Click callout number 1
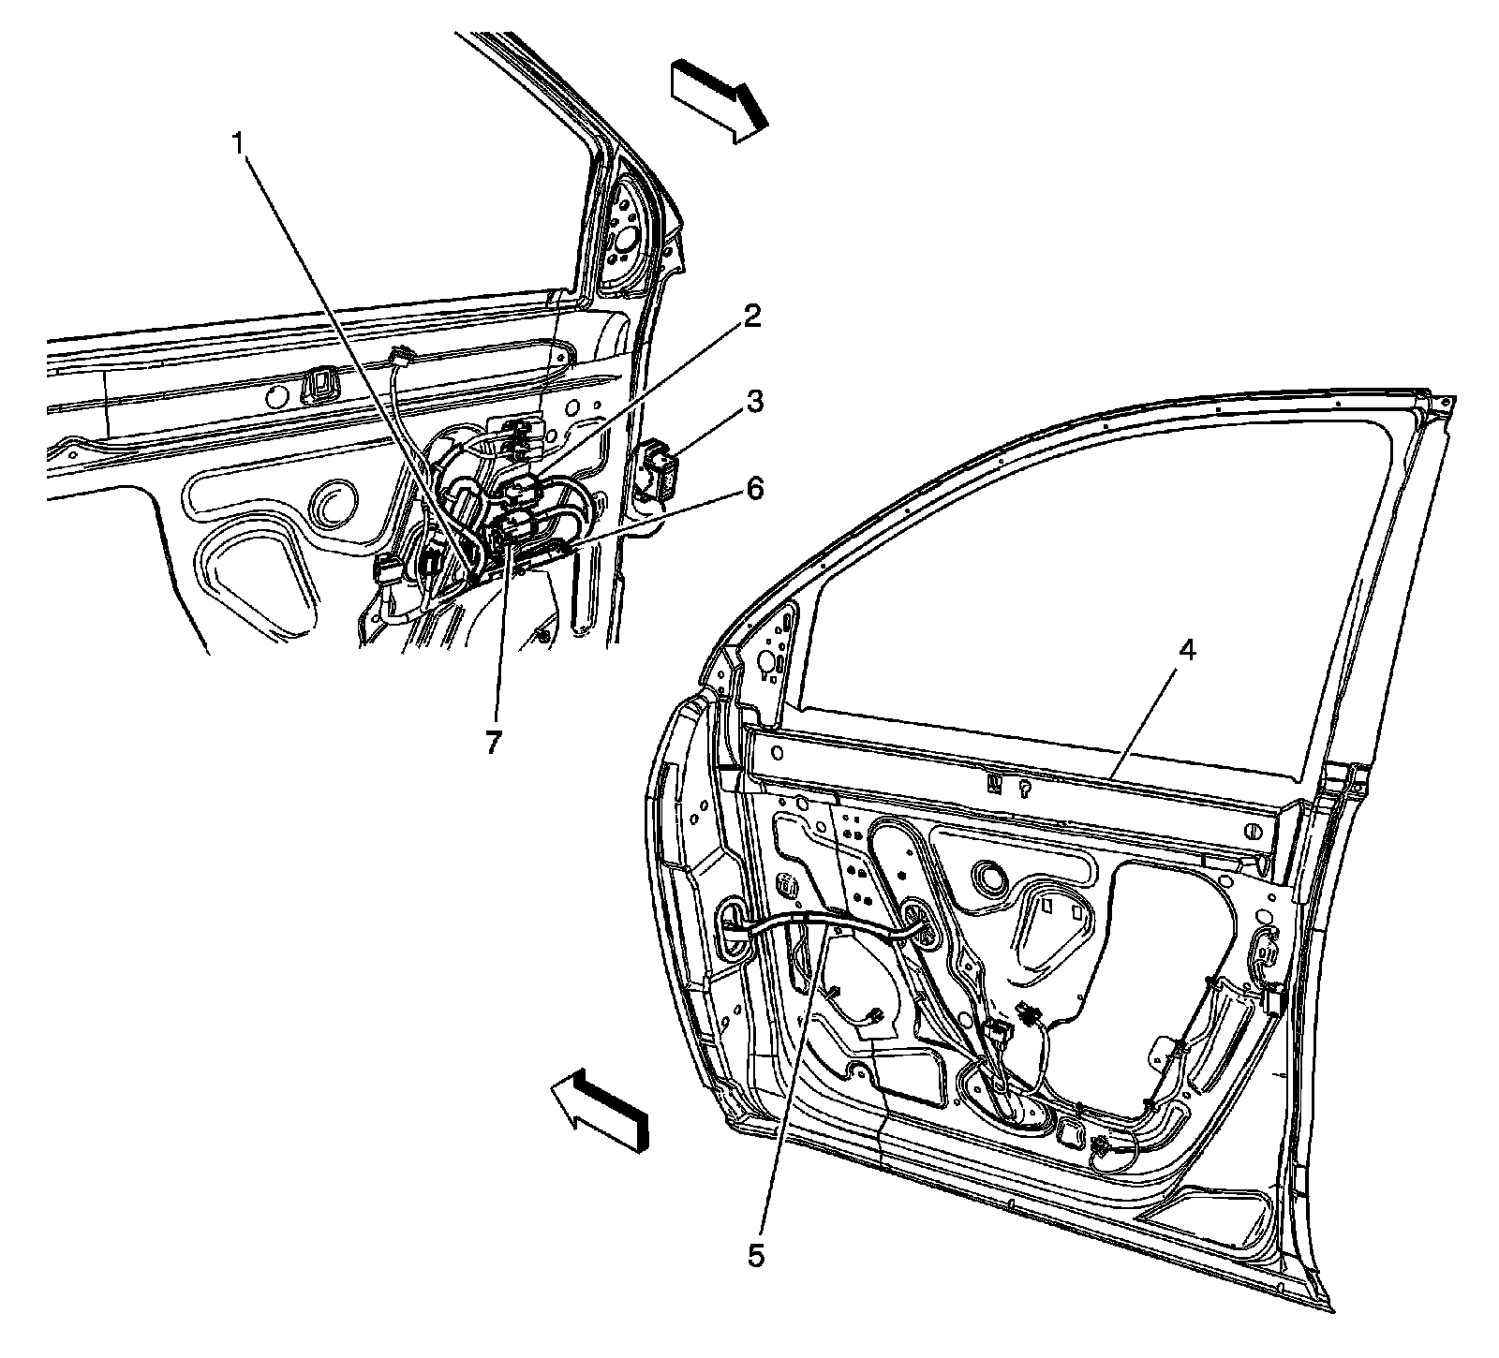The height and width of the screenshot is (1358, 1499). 240,142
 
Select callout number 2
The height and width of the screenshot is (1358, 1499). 751,317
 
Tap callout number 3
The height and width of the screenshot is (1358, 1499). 754,403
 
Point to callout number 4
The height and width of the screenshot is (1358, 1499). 1186,653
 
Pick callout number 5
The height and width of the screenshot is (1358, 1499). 756,1255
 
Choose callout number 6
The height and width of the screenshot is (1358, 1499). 754,488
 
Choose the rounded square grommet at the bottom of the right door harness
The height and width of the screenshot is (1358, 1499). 1069,1134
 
